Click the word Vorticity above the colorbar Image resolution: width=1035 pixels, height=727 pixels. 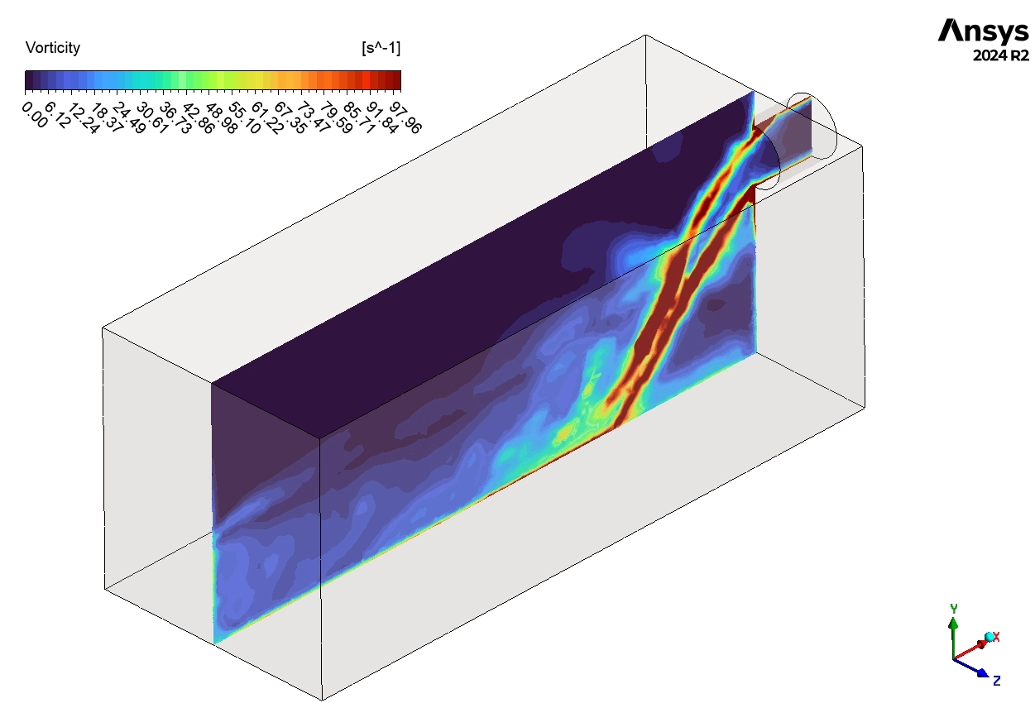point(53,48)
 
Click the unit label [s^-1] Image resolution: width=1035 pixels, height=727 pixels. point(381,48)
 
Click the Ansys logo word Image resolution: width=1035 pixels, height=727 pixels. point(983,31)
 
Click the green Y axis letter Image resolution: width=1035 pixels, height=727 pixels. point(954,609)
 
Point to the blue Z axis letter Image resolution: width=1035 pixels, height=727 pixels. point(997,681)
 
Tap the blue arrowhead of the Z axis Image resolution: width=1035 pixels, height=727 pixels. point(982,673)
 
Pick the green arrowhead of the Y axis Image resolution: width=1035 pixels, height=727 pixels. point(954,619)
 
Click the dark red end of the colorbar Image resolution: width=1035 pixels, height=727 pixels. point(396,79)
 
